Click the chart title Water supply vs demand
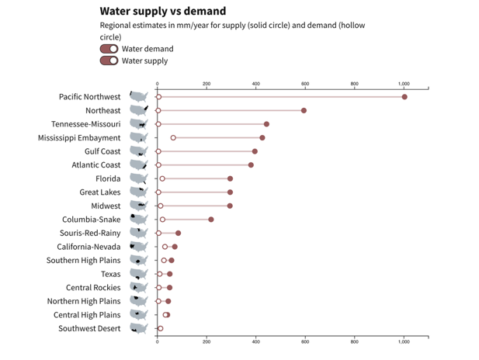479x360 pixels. click(x=163, y=11)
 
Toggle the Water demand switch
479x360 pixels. click(x=109, y=49)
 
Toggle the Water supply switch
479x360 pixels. click(x=109, y=61)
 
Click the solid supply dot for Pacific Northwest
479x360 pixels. click(x=404, y=97)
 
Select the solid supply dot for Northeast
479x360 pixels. click(x=304, y=110)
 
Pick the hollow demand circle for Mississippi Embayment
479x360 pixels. click(x=173, y=137)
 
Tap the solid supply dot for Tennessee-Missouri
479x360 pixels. click(x=266, y=124)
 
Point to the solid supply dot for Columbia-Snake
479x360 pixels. click(x=210, y=220)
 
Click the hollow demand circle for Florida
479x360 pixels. click(x=162, y=178)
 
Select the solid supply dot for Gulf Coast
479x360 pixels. click(x=255, y=151)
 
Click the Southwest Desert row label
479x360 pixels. click(x=89, y=328)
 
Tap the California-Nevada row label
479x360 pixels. click(x=89, y=247)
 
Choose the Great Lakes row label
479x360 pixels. click(x=100, y=192)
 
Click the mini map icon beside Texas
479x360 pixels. click(x=138, y=274)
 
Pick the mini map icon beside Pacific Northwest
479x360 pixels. click(x=138, y=97)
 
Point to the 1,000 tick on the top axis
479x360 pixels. click(x=404, y=84)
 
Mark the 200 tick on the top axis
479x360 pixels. click(x=207, y=84)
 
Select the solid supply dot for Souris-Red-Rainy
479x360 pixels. click(x=178, y=233)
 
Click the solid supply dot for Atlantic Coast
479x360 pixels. click(x=251, y=164)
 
